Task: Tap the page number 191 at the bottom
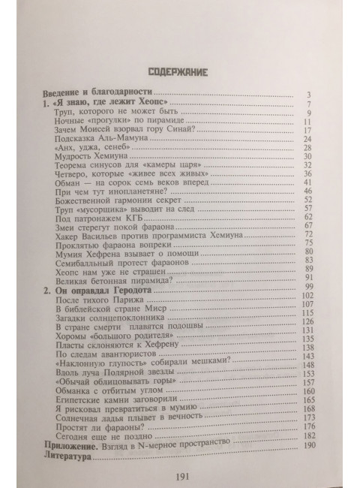tap(180, 476)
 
